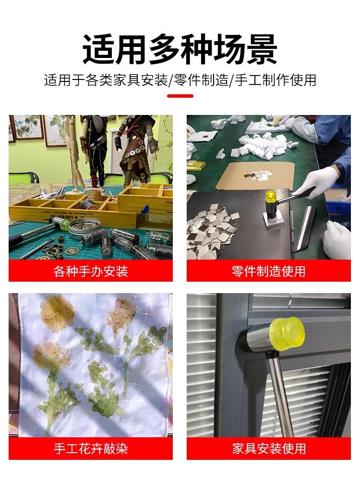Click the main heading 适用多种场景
point(180,48)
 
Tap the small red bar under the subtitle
point(180,96)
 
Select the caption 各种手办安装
point(91,272)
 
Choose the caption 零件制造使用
point(268,272)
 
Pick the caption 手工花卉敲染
point(91,449)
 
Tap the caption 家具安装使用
point(268,449)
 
